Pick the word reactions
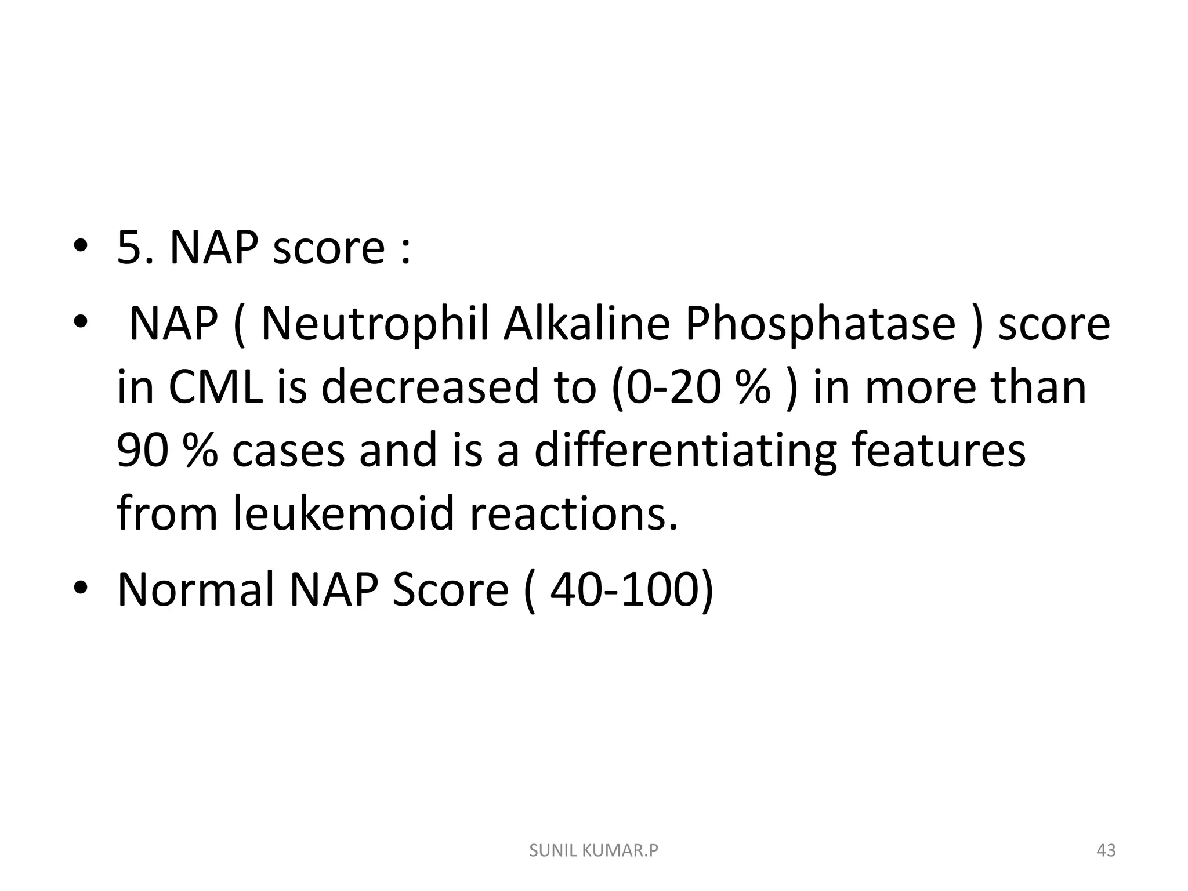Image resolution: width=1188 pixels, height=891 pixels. (574, 514)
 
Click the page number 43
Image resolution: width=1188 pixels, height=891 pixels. (1106, 851)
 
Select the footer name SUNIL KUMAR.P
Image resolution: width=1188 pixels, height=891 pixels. (594, 851)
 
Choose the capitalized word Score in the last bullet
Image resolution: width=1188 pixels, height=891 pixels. (450, 589)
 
